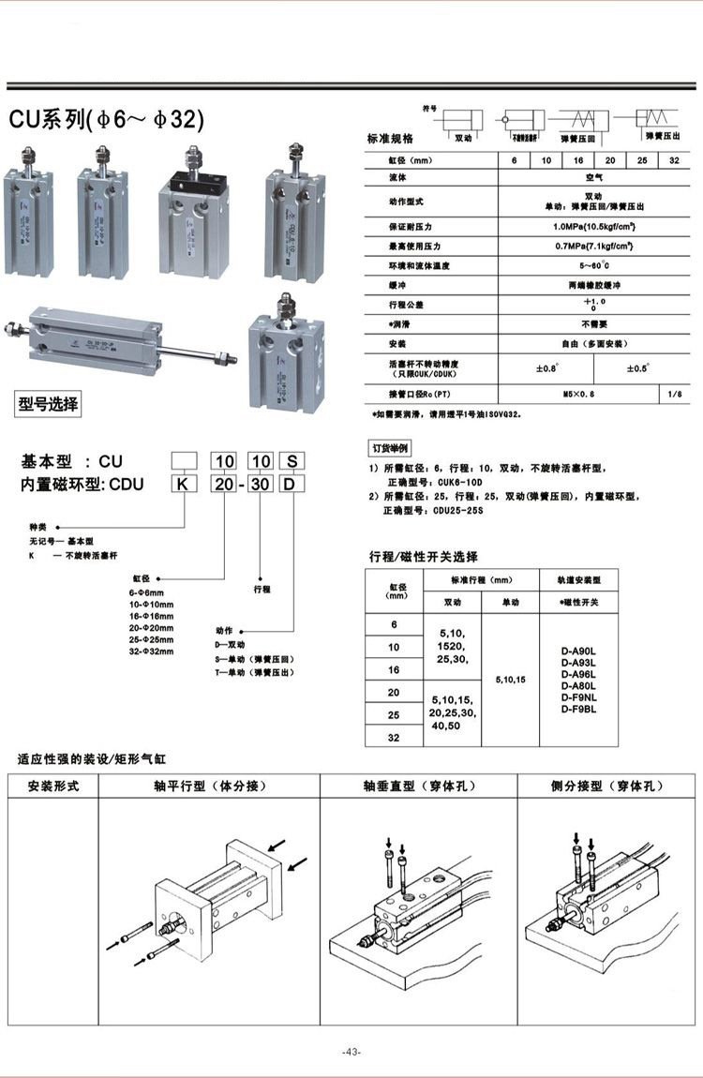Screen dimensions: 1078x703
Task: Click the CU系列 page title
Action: pyautogui.click(x=106, y=120)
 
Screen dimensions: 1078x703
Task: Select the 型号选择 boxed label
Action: pyautogui.click(x=49, y=405)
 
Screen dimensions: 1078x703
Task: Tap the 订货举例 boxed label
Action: pyautogui.click(x=391, y=448)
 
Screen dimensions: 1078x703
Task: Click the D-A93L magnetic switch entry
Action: pyautogui.click(x=577, y=663)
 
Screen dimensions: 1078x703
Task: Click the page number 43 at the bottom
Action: pyautogui.click(x=351, y=1052)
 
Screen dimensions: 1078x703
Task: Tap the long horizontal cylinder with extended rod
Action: pyautogui.click(x=112, y=338)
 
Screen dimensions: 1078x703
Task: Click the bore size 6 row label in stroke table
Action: pyautogui.click(x=394, y=623)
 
